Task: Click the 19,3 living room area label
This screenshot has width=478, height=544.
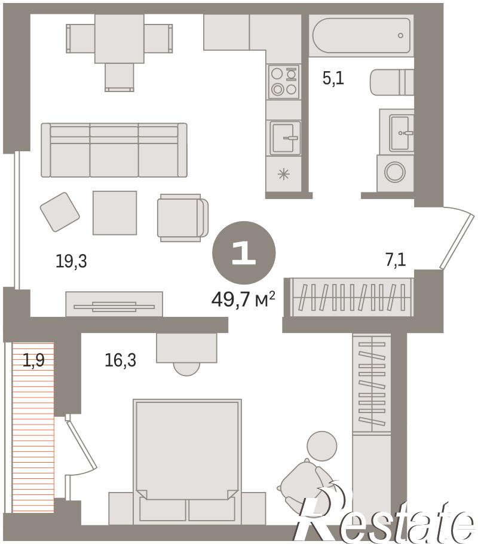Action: coord(71,261)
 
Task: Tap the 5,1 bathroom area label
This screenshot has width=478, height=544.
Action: coord(333,78)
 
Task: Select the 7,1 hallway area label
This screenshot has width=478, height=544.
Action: coord(396,259)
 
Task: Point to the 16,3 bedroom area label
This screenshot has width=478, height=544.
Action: coord(120,360)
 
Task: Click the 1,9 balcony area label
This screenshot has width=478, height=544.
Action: coord(33,360)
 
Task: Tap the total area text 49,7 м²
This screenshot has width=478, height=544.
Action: coord(243,299)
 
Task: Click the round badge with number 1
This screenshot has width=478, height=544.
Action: coord(244,253)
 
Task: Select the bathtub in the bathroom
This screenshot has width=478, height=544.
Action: coord(361,36)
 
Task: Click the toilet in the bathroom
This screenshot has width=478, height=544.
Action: coord(392,82)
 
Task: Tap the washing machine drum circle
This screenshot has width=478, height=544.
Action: coord(395,172)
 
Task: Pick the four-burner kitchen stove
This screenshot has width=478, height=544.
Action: coord(284,82)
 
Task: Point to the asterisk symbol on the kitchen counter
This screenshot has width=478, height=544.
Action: coord(284,174)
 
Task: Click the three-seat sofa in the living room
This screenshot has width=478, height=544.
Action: coord(114,150)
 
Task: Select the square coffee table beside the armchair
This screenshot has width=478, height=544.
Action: coord(115,213)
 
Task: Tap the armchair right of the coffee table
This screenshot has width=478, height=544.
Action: coord(183,218)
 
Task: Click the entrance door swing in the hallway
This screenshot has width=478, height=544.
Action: coord(456,237)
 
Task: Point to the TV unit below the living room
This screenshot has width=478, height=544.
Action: coord(114,304)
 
